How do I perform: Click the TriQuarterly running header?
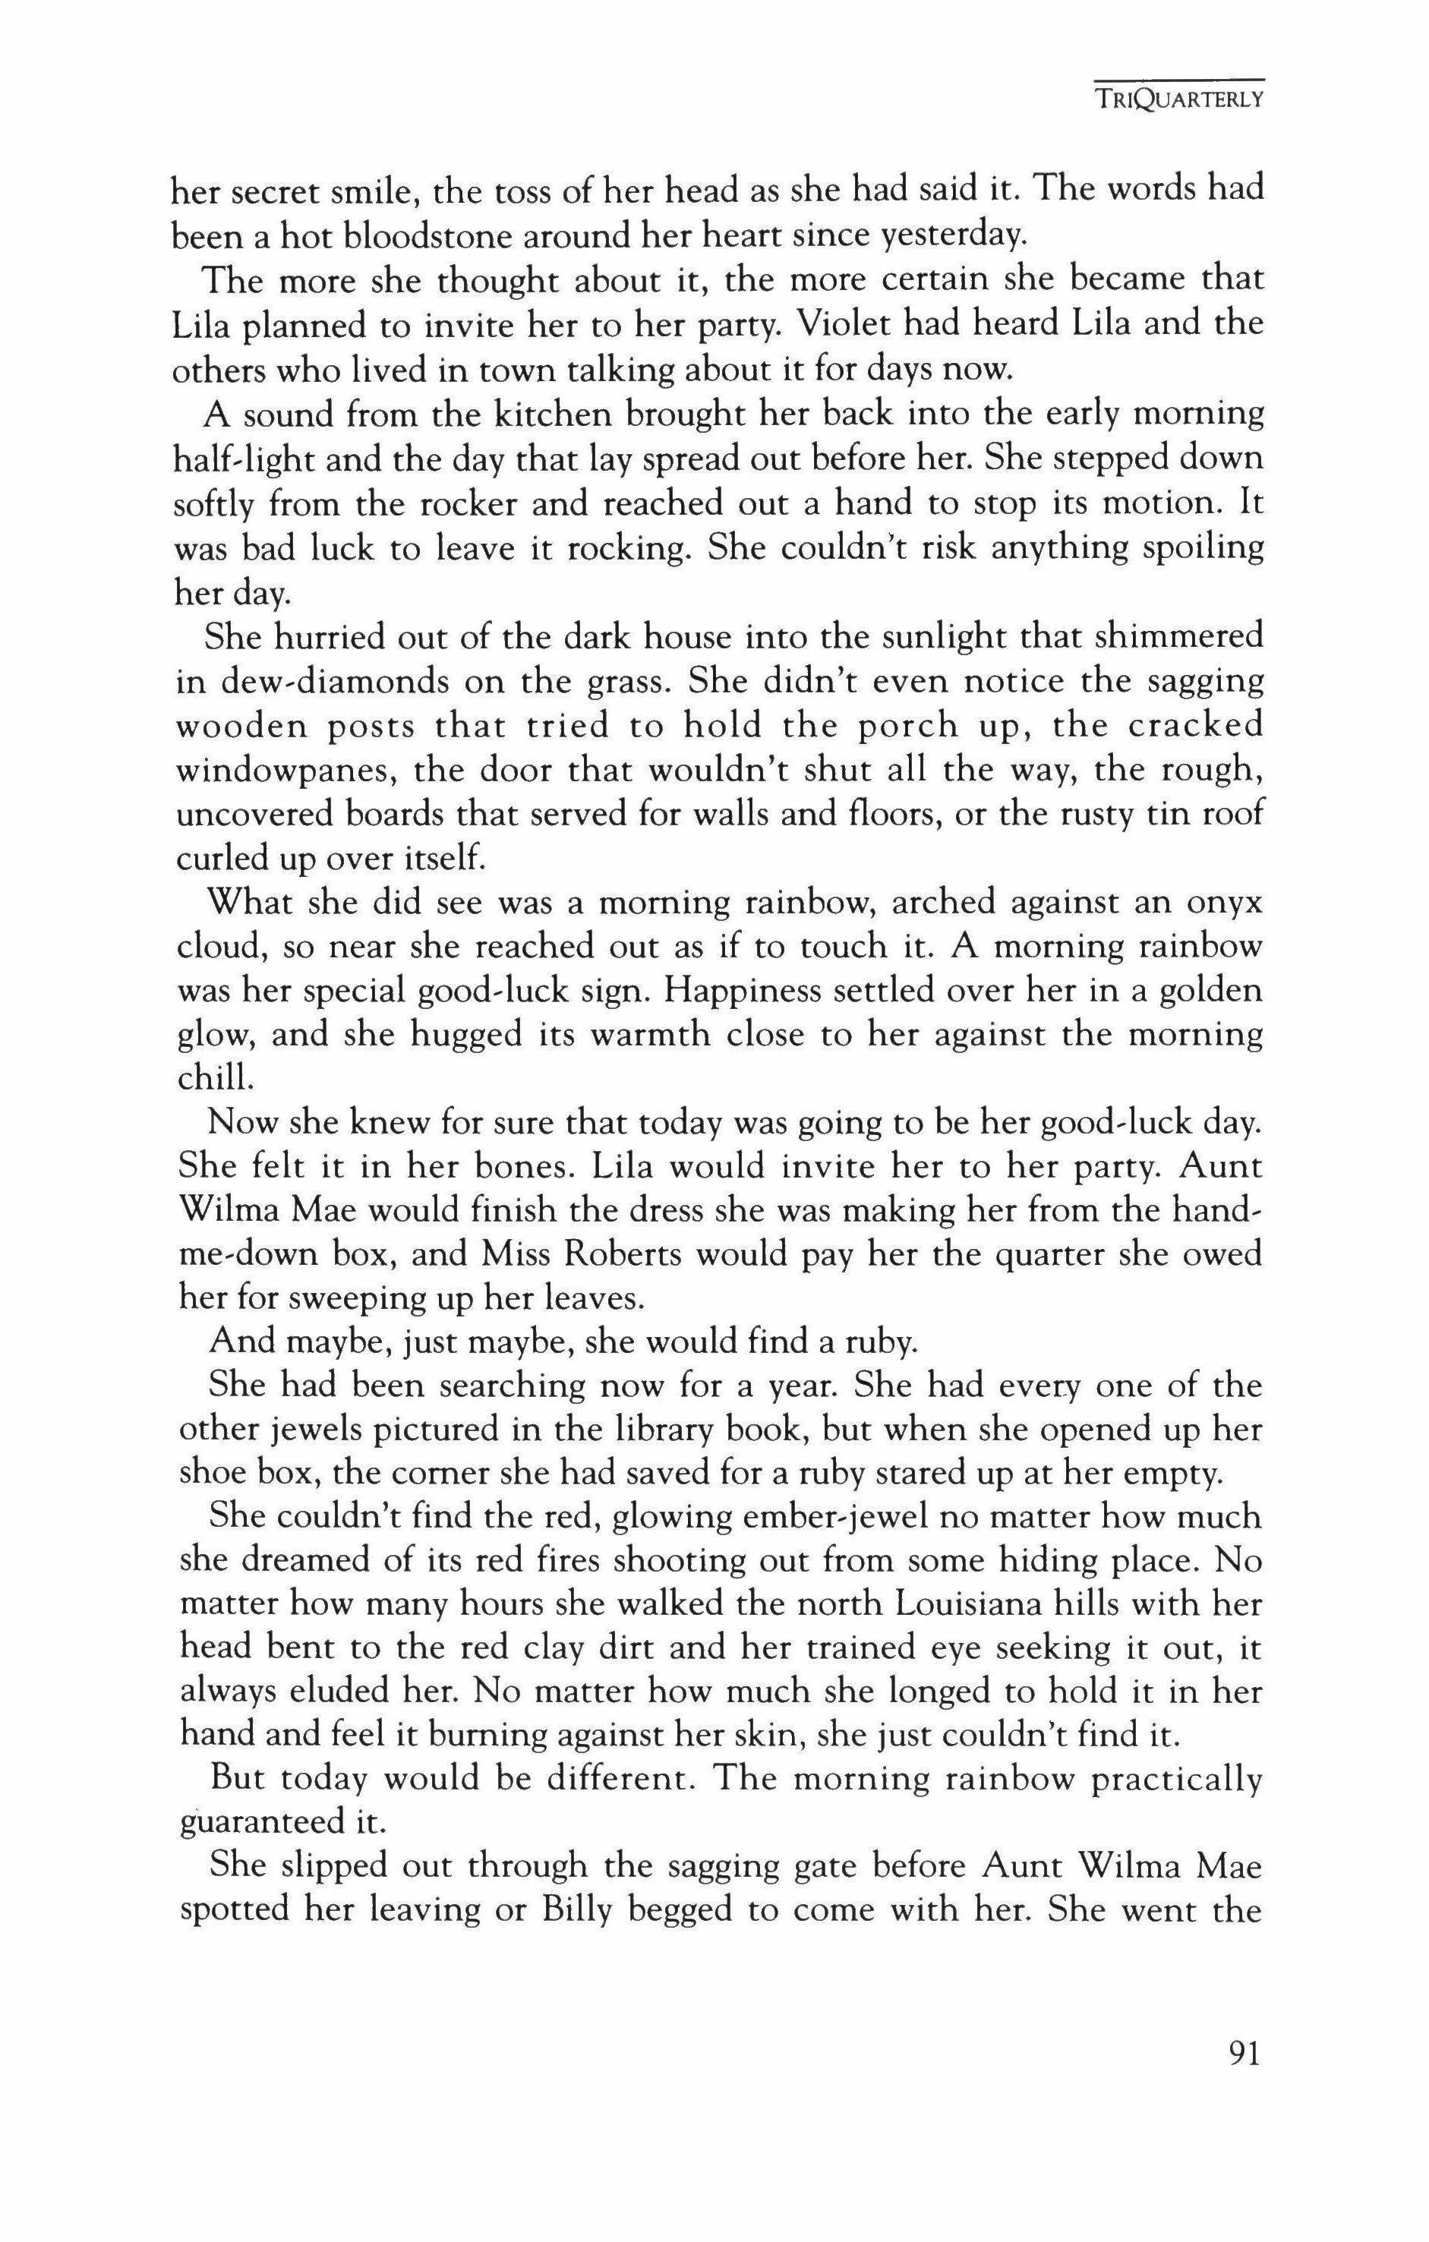coord(1178,99)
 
